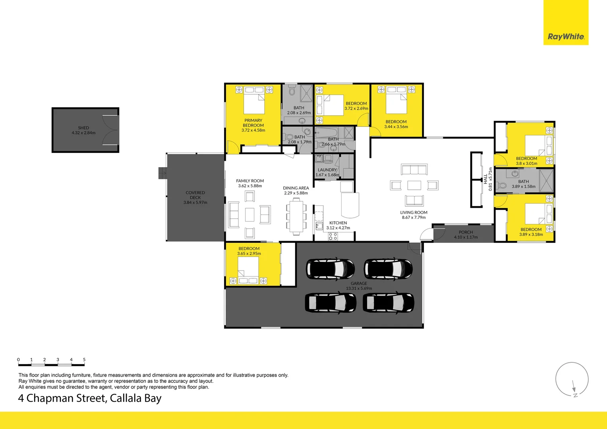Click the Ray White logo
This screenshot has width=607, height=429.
[x=566, y=37]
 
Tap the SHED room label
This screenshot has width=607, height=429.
[x=83, y=128]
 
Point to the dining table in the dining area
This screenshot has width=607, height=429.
[x=296, y=216]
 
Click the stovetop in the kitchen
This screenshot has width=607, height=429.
[x=332, y=236]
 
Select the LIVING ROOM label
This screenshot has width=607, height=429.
[x=414, y=213]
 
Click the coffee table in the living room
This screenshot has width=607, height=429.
[x=414, y=185]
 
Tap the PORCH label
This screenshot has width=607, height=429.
[x=466, y=232]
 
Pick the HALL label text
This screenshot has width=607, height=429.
[x=485, y=178]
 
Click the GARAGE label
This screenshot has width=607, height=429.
[x=359, y=284]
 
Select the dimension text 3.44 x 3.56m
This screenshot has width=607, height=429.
[x=396, y=127]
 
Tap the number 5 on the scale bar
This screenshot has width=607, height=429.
[x=84, y=359]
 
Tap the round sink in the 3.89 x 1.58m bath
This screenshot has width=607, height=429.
[x=515, y=174]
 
